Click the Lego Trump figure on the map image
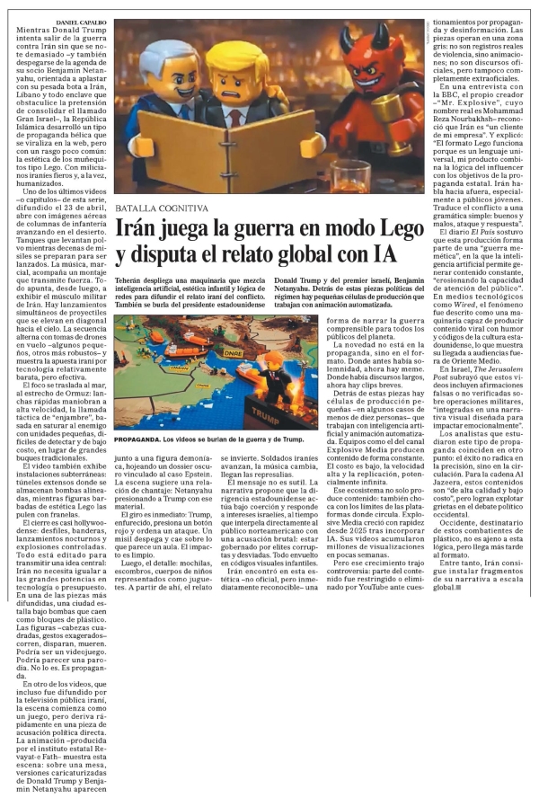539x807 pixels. (270, 377)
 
